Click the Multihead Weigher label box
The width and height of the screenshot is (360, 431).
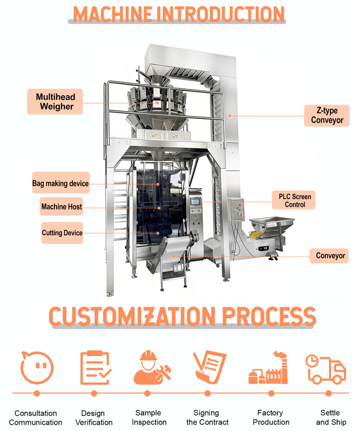tap(56, 101)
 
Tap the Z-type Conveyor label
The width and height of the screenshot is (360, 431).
tap(327, 115)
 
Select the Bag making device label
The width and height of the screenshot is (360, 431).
tap(60, 183)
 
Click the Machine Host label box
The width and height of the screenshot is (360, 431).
tap(62, 207)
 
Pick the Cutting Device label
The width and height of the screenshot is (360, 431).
tap(62, 233)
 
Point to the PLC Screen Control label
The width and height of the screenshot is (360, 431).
tap(294, 200)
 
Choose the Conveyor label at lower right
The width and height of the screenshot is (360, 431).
tap(330, 255)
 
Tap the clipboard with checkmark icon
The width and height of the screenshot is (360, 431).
tap(94, 368)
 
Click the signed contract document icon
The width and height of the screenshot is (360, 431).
tap(209, 367)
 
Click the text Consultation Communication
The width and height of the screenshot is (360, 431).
tap(36, 418)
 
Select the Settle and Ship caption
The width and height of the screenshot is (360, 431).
tap(331, 417)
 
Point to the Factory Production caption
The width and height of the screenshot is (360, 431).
tap(271, 417)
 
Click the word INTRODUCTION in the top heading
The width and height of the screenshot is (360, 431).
tap(220, 13)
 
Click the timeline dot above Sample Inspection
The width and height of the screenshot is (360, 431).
tap(147, 393)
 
